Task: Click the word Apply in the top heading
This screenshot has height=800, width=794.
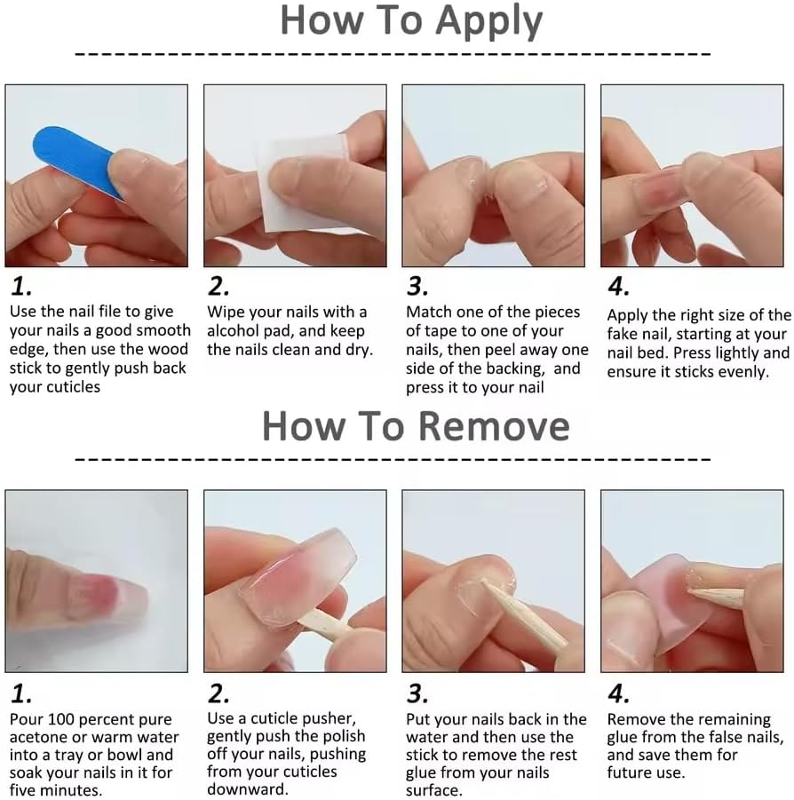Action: click(488, 22)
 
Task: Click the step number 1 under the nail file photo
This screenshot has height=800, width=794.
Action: click(21, 287)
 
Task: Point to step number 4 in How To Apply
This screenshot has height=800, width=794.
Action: click(618, 287)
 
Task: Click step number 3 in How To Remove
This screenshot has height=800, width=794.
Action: click(417, 693)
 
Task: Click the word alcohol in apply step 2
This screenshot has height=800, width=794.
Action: click(235, 331)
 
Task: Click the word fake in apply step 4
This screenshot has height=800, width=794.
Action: click(623, 334)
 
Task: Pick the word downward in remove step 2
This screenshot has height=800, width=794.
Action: click(247, 789)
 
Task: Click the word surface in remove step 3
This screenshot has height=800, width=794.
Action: click(433, 791)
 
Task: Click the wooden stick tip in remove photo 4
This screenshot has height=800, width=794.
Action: click(689, 590)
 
